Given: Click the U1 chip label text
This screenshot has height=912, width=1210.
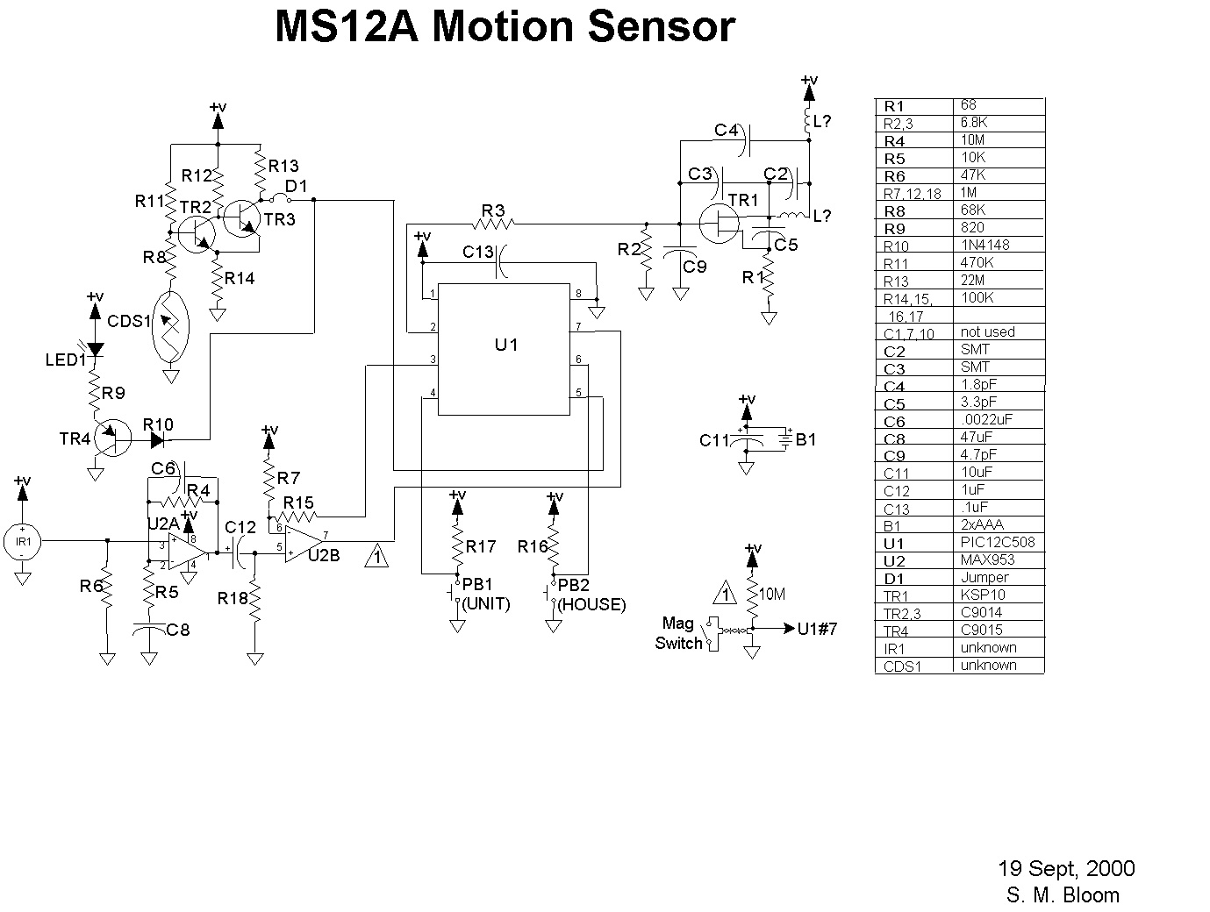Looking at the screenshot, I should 506,345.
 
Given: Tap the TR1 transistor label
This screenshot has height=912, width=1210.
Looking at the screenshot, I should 743,201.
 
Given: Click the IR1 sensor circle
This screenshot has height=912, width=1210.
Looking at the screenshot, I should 23,542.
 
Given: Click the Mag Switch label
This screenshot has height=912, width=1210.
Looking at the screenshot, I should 678,633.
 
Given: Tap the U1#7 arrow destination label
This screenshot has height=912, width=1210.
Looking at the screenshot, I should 817,629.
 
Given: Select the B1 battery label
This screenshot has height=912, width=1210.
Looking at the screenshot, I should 806,439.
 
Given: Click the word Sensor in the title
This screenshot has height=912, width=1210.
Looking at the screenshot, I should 661,27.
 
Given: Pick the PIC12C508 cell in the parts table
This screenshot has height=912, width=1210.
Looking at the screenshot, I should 998,542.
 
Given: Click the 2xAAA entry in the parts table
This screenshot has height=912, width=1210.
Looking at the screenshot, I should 983,524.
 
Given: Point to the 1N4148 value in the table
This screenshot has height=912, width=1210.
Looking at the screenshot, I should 985,245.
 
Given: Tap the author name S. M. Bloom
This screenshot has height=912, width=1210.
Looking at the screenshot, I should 1063,895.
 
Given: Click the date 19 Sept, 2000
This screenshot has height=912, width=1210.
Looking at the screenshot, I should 1066,869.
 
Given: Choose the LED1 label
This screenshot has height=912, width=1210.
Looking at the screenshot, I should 66,360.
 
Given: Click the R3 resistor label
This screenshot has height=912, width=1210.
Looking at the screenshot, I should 493,210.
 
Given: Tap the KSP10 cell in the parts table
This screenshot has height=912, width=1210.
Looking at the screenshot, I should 980,595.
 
